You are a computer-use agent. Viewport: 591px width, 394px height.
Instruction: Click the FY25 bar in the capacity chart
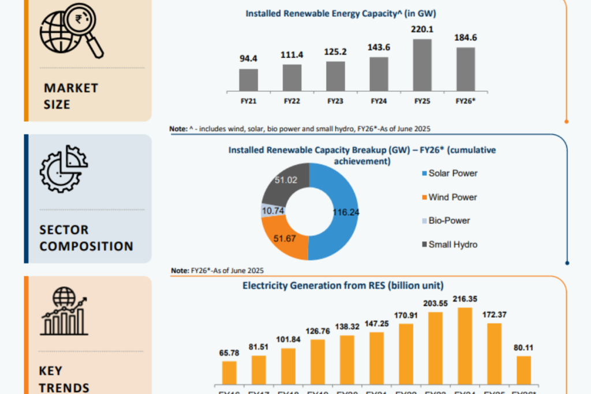(x=422, y=65)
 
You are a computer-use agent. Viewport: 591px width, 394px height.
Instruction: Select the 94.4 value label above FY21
(x=249, y=58)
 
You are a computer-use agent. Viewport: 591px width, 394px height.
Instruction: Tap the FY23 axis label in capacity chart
(x=335, y=100)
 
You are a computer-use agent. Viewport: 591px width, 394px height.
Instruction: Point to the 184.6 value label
(x=466, y=37)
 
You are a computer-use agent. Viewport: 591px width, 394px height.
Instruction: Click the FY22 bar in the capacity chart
(x=292, y=77)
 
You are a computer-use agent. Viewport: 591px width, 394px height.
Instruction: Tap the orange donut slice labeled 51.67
(x=283, y=237)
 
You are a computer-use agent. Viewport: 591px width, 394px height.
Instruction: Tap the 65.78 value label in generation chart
(x=229, y=351)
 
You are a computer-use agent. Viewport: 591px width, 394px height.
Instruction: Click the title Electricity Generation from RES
(x=343, y=285)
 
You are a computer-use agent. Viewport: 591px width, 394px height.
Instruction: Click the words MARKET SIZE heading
(x=70, y=96)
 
